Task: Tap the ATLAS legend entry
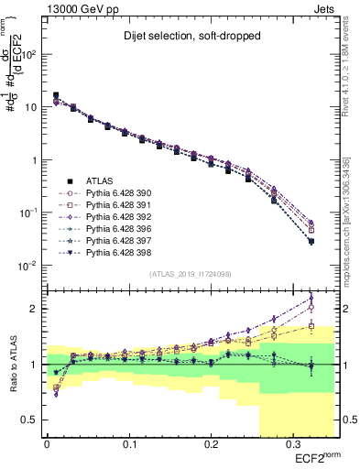click(x=99, y=180)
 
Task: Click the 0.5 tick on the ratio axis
click(x=34, y=420)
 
